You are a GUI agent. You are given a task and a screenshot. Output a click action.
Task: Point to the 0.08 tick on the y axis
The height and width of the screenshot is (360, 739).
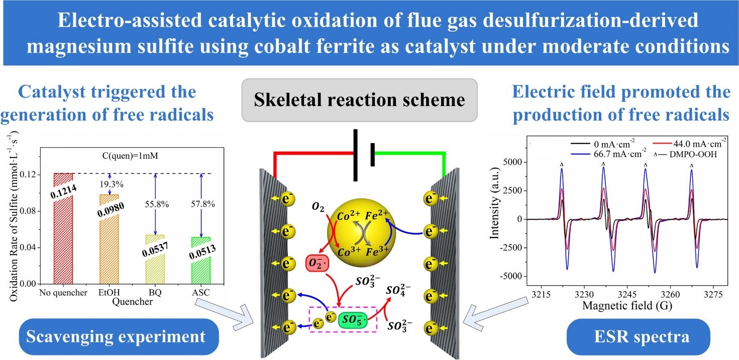point(30,211)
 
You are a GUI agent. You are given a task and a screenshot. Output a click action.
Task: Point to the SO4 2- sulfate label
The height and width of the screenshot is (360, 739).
point(400,291)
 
